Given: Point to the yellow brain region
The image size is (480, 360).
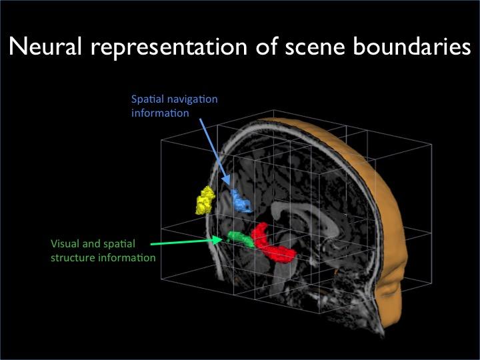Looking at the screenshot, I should [205, 200].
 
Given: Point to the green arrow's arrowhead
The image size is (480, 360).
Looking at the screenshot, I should [221, 239].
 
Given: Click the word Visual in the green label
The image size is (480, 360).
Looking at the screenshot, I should [65, 244].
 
